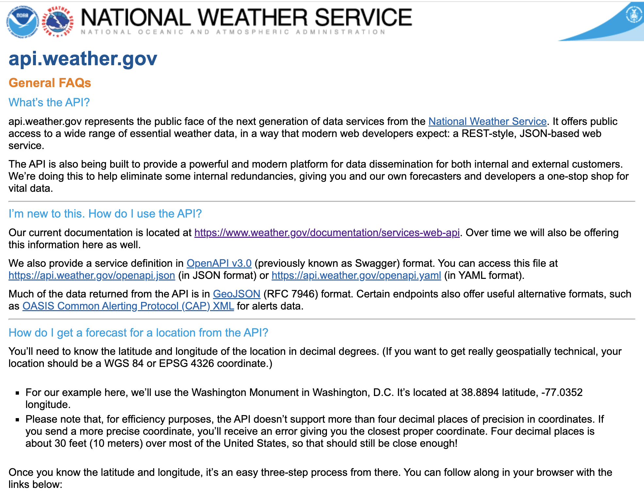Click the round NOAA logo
22,22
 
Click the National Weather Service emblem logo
58,22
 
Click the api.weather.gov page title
83,59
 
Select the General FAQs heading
50,83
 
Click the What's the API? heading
49,102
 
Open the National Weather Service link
487,121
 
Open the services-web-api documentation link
327,233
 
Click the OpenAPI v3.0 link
219,263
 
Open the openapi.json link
92,275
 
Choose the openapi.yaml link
356,275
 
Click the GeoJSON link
236,294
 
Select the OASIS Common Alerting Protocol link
128,306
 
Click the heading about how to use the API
105,214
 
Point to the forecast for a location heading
138,333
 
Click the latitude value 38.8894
480,392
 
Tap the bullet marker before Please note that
18,420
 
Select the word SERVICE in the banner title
363,18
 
